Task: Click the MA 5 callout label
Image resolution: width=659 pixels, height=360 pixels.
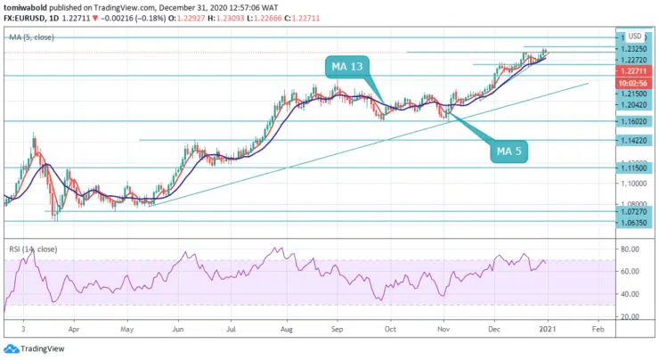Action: pyautogui.click(x=508, y=151)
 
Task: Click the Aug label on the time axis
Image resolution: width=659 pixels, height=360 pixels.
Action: pyautogui.click(x=288, y=329)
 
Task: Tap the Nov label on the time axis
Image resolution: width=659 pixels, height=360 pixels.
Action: pyautogui.click(x=443, y=329)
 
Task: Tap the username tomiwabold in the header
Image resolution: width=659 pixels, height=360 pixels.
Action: pyautogui.click(x=28, y=6)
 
